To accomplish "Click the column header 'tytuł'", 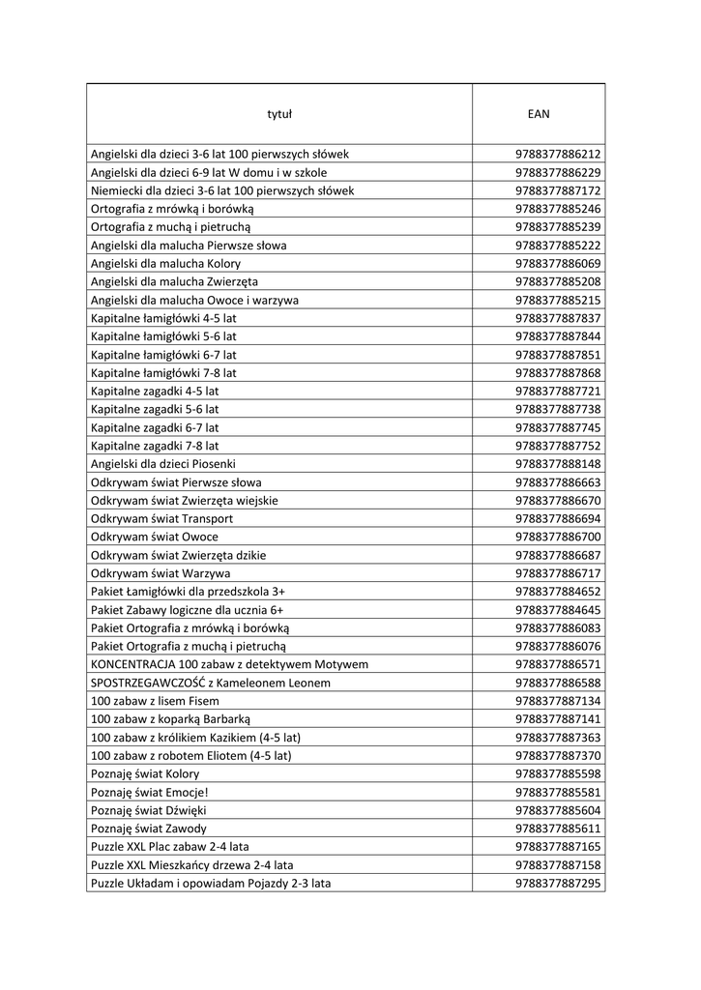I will point(278,114).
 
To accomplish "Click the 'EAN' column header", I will point(539,114).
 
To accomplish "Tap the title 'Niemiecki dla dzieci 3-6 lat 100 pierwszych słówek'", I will point(222,190).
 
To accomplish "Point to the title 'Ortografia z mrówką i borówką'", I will point(172,209).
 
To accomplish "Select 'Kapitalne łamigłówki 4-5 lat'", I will point(163,318).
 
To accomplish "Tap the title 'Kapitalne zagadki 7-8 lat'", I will point(155,446).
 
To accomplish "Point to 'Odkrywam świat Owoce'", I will point(154,537).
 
